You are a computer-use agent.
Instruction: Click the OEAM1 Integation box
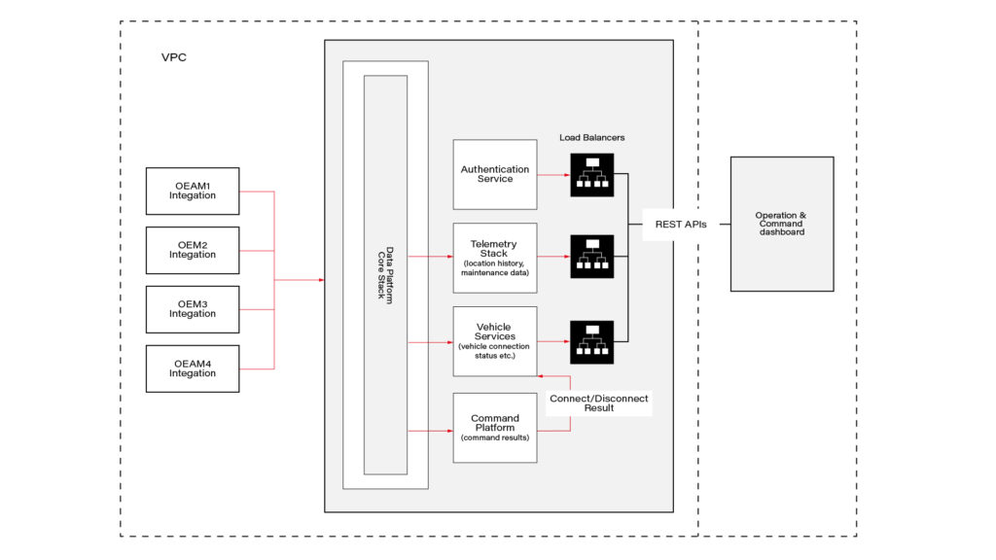coord(192,191)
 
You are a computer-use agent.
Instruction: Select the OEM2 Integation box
coord(192,250)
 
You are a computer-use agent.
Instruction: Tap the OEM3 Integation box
coord(192,309)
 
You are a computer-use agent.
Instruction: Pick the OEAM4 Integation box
coord(192,368)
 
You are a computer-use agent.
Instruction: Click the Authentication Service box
coord(495,174)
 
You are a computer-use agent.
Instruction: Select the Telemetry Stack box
coord(495,258)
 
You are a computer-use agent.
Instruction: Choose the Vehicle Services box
coord(495,341)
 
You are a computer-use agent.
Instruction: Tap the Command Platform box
coord(495,428)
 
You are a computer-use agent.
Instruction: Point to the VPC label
coord(174,58)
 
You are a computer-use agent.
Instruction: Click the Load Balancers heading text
coord(591,138)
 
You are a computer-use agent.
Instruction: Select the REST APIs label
coord(680,224)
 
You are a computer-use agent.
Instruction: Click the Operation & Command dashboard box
coord(781,224)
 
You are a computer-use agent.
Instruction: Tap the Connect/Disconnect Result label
coord(598,403)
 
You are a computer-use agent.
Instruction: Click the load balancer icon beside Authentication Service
coord(591,175)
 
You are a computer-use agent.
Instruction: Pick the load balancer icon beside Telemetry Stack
coord(591,258)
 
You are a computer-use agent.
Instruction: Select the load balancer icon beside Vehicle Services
coord(591,341)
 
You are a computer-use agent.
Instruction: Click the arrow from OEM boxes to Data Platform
coord(302,280)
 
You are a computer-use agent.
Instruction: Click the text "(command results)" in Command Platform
coord(495,438)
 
